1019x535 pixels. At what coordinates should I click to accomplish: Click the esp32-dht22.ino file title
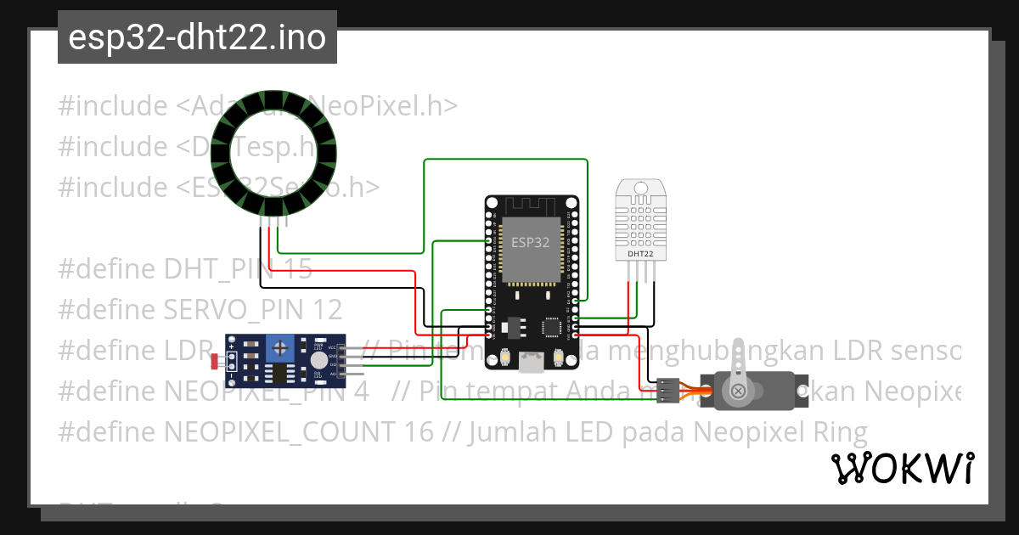pos(197,38)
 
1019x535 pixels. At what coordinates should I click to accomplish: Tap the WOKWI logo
pos(902,468)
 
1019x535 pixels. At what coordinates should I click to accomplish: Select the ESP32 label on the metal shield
pos(530,242)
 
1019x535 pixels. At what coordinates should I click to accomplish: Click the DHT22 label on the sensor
pos(640,253)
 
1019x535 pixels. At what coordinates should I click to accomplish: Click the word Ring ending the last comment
pos(840,432)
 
